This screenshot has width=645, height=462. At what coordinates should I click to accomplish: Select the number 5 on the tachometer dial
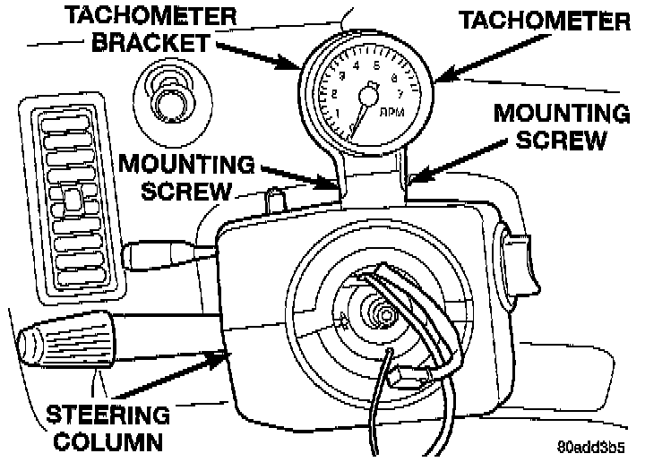click(375, 64)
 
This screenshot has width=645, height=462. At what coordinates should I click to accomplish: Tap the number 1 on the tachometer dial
click(337, 113)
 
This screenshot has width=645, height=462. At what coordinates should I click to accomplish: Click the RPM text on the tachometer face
click(392, 113)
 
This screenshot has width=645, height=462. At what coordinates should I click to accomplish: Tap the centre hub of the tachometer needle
click(367, 93)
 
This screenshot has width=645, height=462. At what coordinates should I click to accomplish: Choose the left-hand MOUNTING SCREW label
click(187, 176)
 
